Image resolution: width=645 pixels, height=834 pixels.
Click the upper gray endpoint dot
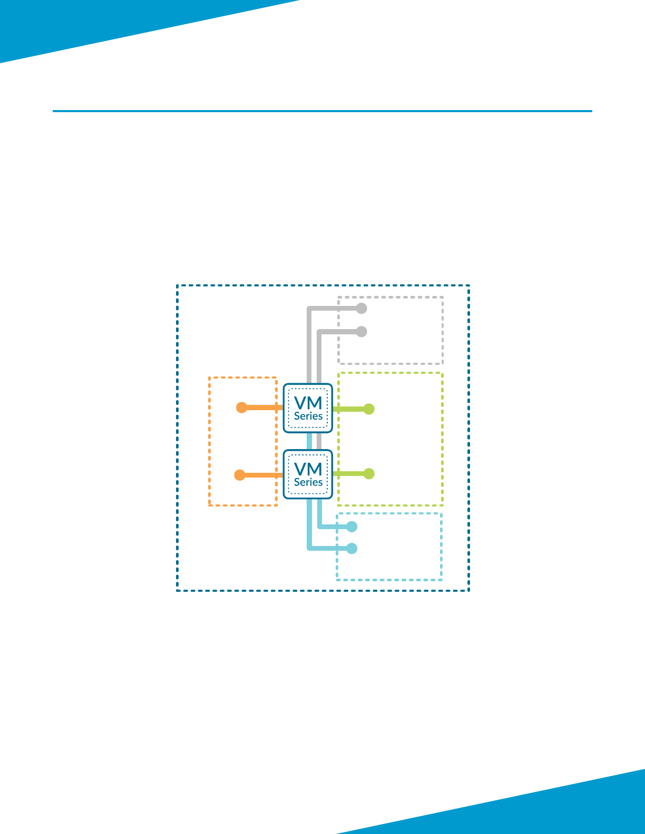point(361,309)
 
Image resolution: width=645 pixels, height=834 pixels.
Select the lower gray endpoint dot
point(361,332)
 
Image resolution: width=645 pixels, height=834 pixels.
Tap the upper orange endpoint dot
point(241,408)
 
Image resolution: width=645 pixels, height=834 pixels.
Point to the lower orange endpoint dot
point(240,475)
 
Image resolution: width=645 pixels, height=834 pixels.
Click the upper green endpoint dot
point(369,409)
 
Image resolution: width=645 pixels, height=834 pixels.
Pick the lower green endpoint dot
point(369,474)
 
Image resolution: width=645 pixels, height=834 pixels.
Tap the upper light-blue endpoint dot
point(352,527)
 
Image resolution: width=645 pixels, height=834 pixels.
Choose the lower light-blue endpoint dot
point(352,549)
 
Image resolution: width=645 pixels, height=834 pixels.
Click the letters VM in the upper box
point(308,403)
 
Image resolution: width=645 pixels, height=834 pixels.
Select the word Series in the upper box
point(308,416)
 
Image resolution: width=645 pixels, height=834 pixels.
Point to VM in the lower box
point(308,469)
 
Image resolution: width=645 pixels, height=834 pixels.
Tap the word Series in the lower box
point(308,482)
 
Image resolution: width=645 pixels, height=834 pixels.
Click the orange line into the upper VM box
point(263,408)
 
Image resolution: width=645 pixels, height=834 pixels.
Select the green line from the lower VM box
point(349,474)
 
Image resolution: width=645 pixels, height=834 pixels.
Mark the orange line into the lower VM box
point(262,475)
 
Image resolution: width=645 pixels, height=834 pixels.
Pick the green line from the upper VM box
point(349,409)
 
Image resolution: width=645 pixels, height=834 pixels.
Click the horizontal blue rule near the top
point(322,111)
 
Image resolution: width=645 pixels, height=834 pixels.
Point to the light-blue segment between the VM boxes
point(310,441)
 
